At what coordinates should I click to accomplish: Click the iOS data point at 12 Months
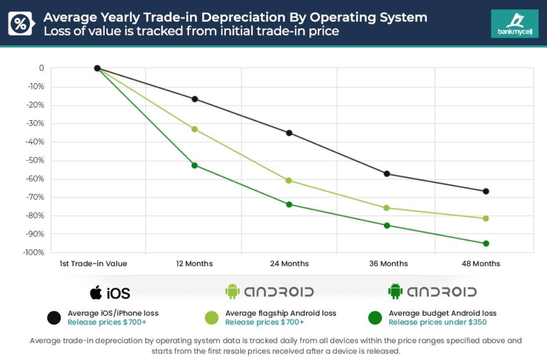click(x=194, y=99)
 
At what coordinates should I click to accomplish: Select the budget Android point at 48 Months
click(x=486, y=243)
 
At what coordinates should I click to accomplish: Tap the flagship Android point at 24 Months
click(x=289, y=180)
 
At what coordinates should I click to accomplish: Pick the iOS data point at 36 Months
click(x=387, y=174)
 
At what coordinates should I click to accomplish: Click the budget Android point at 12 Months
click(x=194, y=165)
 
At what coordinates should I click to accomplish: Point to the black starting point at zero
click(x=97, y=68)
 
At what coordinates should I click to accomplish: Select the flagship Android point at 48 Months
click(x=486, y=218)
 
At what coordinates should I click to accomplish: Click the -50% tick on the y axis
click(x=36, y=160)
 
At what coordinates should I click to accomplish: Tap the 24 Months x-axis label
click(x=289, y=264)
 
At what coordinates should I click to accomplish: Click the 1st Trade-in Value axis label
click(x=93, y=264)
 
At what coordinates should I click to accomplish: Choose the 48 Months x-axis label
click(x=481, y=264)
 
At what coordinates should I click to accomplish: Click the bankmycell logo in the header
click(x=515, y=24)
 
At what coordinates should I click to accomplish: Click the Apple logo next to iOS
click(x=96, y=292)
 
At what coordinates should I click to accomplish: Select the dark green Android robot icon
click(x=395, y=291)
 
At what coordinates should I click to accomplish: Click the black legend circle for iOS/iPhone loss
click(x=54, y=318)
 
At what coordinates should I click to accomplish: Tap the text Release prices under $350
click(x=437, y=322)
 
